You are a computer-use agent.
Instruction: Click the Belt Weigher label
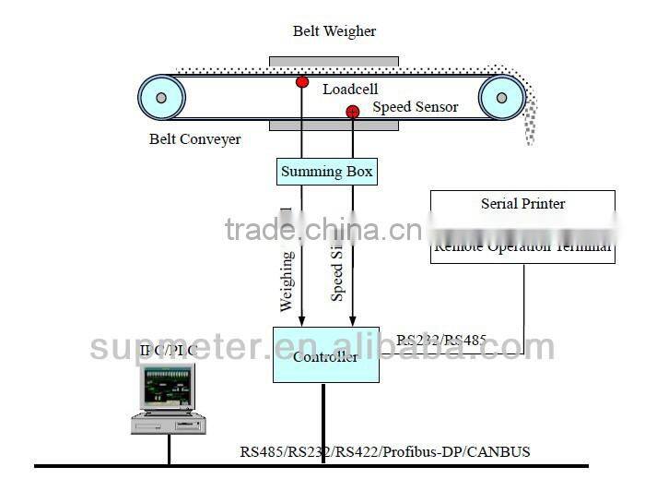[334, 31]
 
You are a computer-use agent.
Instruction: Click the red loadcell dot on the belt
[302, 82]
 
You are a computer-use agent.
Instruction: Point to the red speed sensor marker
[352, 113]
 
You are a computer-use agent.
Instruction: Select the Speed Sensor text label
[415, 107]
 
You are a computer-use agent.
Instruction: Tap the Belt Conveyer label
[194, 139]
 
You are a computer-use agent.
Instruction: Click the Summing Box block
[327, 171]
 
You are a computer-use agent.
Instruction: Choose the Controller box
[325, 354]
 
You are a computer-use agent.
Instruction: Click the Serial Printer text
[522, 203]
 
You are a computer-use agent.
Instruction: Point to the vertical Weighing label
[287, 279]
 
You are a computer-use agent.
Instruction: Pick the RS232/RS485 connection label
[441, 340]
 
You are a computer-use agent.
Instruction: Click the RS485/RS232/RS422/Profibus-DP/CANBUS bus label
[385, 452]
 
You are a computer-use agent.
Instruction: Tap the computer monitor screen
[167, 386]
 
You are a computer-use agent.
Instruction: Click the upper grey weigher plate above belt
[334, 62]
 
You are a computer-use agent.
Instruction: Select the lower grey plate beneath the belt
[334, 125]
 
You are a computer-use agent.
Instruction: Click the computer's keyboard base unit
[168, 424]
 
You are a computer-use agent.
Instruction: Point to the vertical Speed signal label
[338, 272]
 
